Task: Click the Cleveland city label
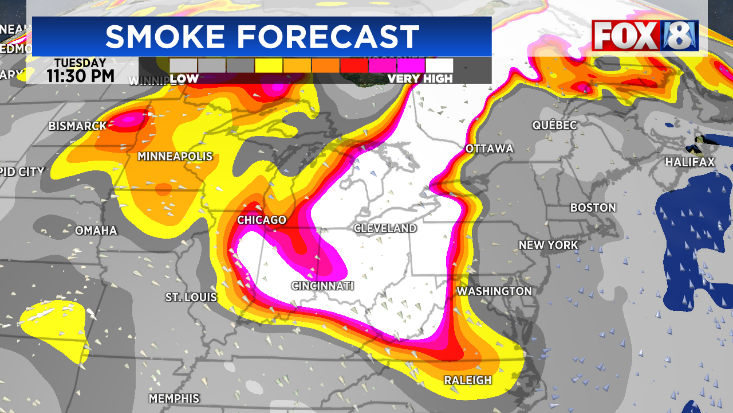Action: (385, 228)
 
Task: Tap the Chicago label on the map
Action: (262, 220)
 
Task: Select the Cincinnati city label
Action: (322, 286)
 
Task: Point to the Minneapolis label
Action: (175, 157)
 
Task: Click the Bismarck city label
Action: (78, 126)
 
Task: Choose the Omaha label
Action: (96, 231)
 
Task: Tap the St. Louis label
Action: (191, 297)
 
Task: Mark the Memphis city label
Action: (174, 398)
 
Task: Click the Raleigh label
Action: (468, 380)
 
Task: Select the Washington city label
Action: (494, 291)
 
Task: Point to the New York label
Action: (548, 246)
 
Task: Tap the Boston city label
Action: (593, 208)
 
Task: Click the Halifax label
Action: (689, 163)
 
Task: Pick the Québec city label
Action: (554, 125)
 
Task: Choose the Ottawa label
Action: (489, 149)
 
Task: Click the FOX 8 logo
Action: (645, 36)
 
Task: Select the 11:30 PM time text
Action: (81, 75)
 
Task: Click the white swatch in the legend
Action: (439, 65)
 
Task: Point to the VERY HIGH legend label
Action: (420, 79)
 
